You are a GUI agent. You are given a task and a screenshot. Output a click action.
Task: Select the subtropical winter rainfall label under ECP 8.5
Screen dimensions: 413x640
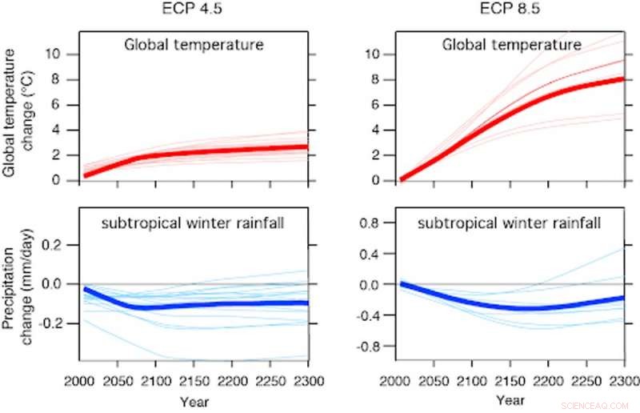[511, 223]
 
